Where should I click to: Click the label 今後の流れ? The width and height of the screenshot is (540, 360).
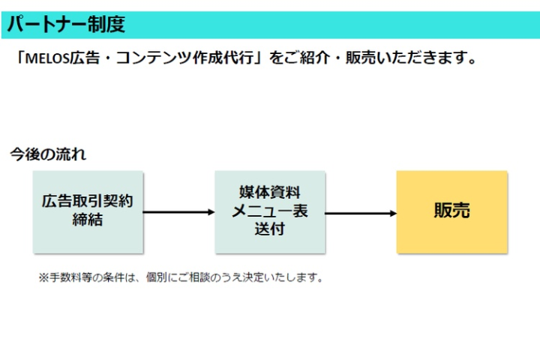tap(47, 155)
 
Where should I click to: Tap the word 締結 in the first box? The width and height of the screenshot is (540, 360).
tap(88, 220)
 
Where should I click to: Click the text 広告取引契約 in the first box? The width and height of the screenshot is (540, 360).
tap(88, 202)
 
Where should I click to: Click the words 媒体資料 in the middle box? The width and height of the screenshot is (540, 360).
tap(269, 193)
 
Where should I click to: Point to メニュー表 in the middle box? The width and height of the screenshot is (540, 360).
tap(269, 211)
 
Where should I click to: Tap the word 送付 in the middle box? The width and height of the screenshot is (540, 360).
tap(269, 229)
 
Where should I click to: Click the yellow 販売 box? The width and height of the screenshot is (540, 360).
tap(451, 211)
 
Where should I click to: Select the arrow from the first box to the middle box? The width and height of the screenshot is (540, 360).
tap(178, 212)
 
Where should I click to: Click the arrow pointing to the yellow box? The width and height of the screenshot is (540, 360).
tap(361, 213)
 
